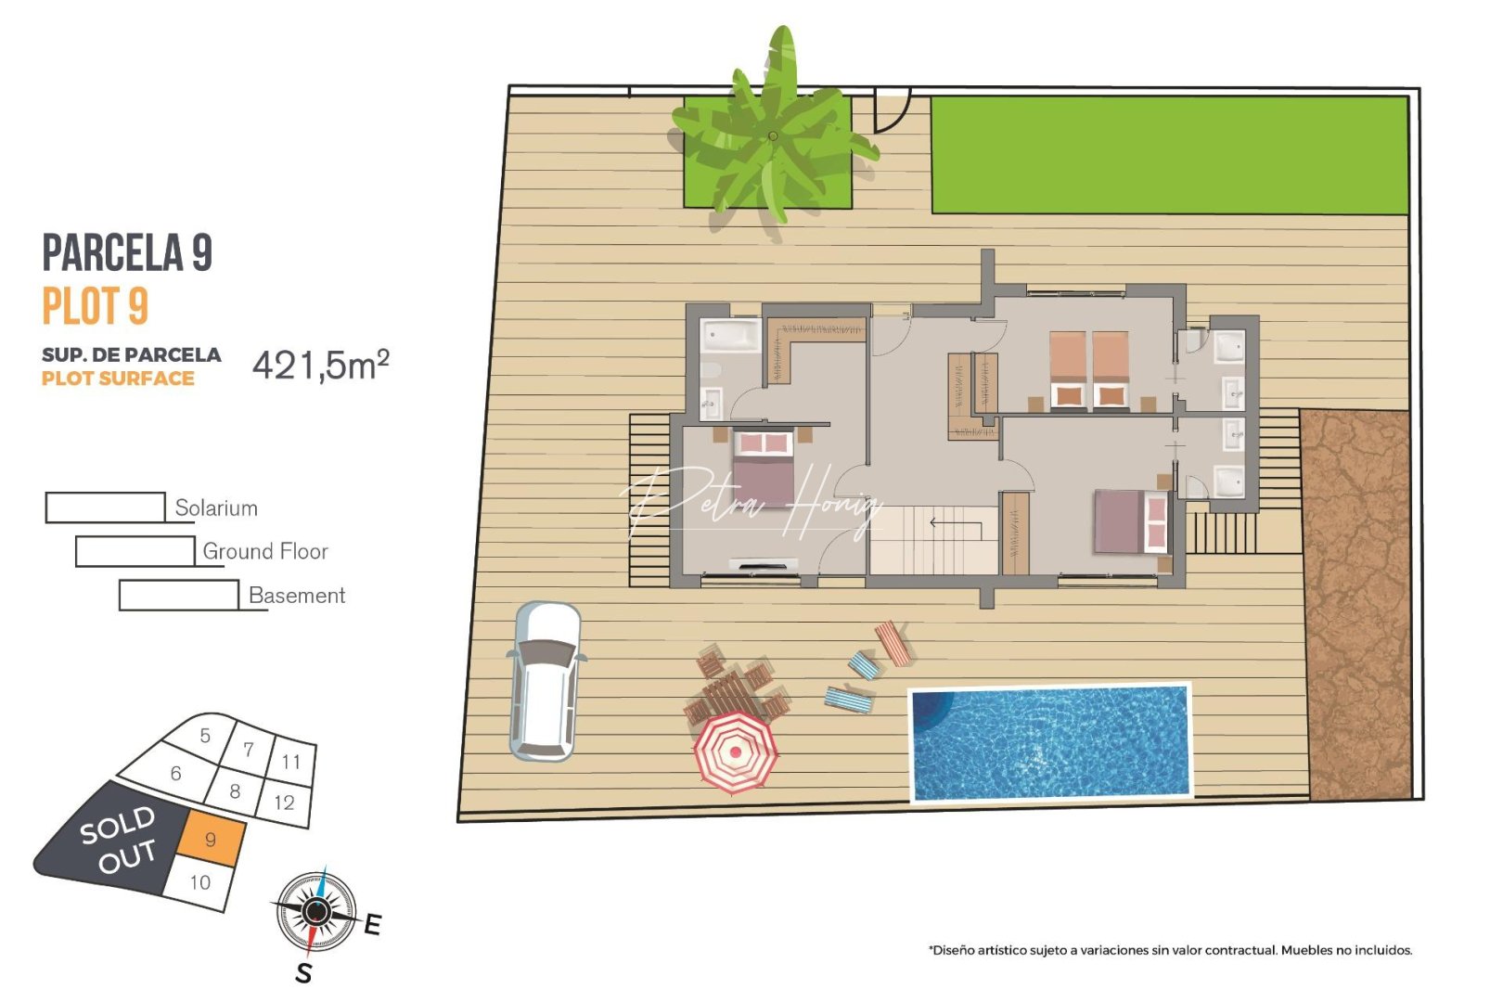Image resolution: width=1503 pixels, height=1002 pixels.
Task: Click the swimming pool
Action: [x=1050, y=742]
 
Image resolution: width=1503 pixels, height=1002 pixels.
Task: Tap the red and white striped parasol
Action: [x=735, y=751]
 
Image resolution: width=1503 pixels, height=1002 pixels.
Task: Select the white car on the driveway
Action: [x=546, y=681]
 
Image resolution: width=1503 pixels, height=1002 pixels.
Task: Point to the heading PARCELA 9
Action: [x=127, y=252]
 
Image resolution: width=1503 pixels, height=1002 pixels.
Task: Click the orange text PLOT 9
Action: [x=95, y=306]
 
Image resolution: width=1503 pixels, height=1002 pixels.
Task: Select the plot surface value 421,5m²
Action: [x=320, y=366]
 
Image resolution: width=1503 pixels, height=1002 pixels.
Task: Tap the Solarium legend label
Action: [x=216, y=508]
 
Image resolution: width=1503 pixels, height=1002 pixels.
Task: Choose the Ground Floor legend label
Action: [x=265, y=552]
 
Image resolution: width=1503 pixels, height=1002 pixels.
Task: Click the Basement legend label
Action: [x=297, y=596]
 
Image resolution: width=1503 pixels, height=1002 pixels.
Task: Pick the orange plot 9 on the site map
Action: [x=212, y=840]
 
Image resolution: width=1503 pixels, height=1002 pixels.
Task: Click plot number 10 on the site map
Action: [x=200, y=882]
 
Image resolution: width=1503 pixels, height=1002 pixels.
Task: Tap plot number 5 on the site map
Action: [x=205, y=736]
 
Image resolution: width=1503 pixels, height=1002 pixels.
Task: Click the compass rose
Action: [x=315, y=912]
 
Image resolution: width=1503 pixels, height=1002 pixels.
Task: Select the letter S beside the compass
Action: [x=303, y=973]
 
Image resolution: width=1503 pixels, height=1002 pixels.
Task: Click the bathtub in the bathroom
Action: [x=730, y=334]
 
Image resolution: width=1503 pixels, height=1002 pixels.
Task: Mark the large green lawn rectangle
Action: [x=1169, y=155]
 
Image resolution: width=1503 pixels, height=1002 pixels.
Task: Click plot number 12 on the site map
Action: [x=284, y=803]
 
